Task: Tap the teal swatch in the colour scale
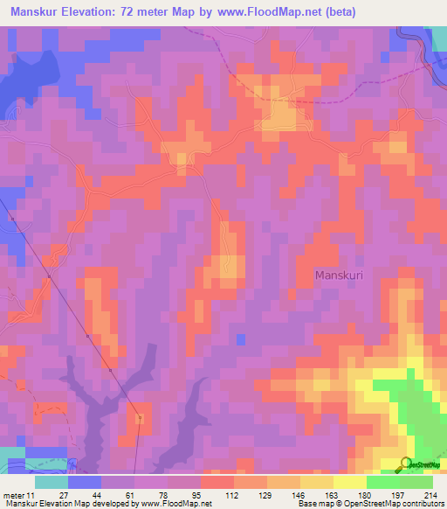point(52,482)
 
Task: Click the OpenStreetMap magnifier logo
point(407,464)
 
